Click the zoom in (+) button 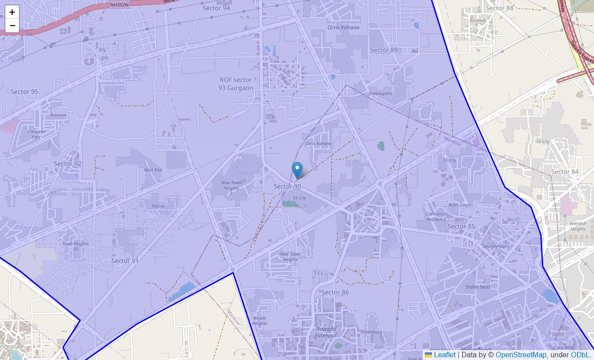(x=12, y=12)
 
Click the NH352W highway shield (x=119, y=5)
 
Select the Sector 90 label (x=287, y=186)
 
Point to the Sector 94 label (x=216, y=8)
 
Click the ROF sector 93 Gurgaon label (x=236, y=84)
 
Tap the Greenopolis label (x=380, y=94)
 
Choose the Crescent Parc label (x=36, y=134)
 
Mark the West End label (x=153, y=170)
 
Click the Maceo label (x=158, y=206)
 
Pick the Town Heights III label (x=76, y=246)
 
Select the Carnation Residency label (x=436, y=216)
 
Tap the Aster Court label (x=460, y=205)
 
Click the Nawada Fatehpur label (x=325, y=332)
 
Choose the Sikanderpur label (x=495, y=247)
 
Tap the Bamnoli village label (x=478, y=21)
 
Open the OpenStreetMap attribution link (x=521, y=355)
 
